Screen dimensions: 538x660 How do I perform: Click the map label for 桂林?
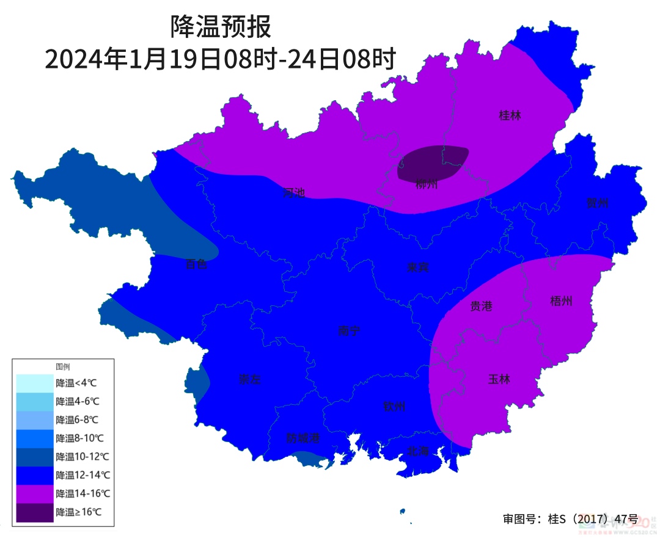tap(510, 115)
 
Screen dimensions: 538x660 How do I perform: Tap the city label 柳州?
tap(427, 184)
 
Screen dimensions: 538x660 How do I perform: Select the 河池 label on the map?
tap(293, 193)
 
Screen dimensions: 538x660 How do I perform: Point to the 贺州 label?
tap(597, 203)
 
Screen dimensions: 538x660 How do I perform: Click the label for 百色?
tap(197, 264)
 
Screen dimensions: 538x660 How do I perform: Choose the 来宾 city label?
tap(418, 267)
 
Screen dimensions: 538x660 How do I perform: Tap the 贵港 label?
tap(481, 307)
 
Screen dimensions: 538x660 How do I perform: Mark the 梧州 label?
tap(561, 300)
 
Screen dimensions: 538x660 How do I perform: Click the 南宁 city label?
tap(349, 331)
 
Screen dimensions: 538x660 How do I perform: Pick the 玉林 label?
tap(499, 379)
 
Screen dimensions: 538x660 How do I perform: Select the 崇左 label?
tap(249, 379)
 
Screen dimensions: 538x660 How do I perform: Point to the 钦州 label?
tap(394, 407)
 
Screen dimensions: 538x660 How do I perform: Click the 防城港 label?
tap(303, 438)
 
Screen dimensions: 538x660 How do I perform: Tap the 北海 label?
tap(419, 451)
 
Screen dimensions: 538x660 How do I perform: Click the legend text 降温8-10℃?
tap(79, 438)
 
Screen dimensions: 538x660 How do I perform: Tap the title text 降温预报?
tap(220, 27)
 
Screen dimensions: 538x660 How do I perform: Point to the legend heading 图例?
tap(63, 367)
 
